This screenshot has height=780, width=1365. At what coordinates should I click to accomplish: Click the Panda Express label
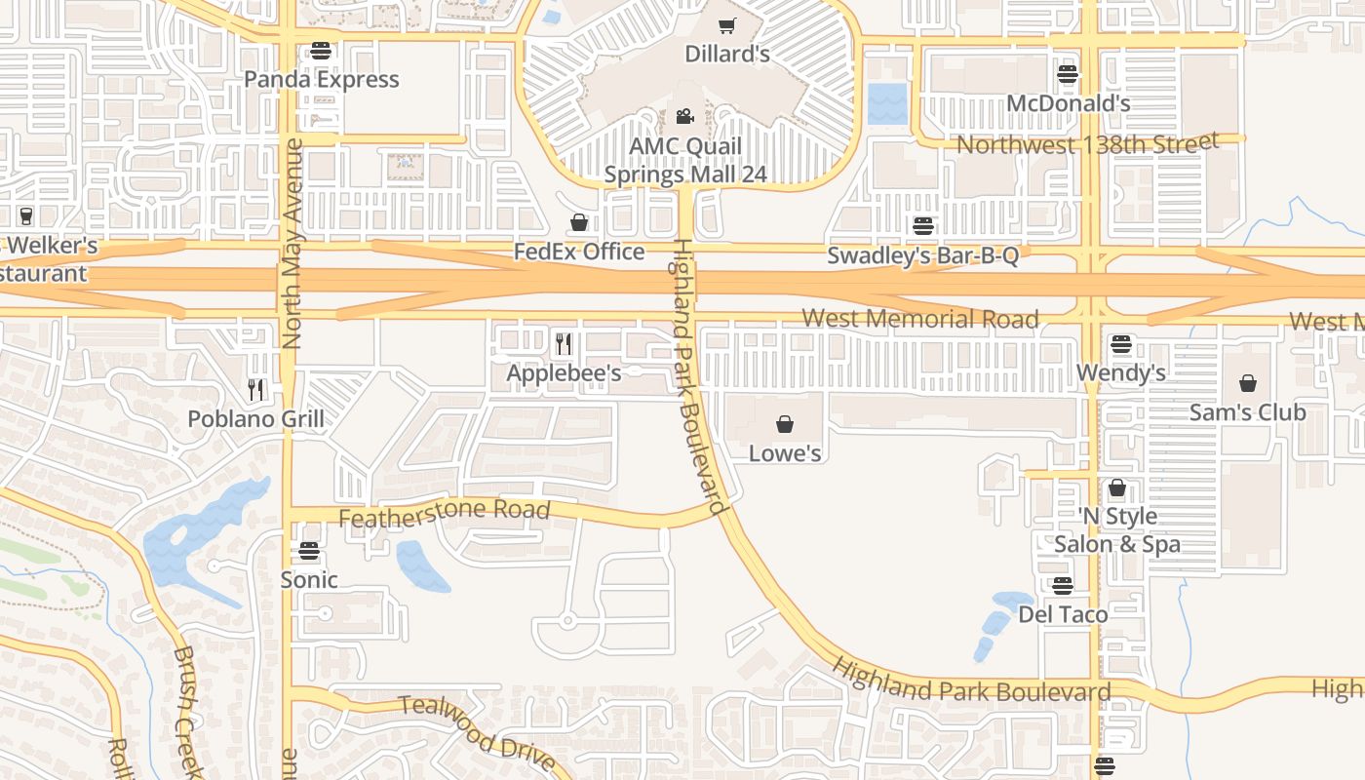[321, 79]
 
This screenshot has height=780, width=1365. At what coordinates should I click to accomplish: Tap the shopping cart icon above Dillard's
[726, 25]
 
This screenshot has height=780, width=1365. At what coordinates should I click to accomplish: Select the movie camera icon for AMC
[684, 117]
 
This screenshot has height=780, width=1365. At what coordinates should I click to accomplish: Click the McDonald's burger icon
[1068, 74]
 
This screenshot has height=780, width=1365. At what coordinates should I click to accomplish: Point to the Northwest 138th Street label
[1087, 144]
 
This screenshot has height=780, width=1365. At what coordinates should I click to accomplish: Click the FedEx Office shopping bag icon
[579, 222]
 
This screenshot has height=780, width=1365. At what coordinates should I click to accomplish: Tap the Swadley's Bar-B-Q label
[922, 255]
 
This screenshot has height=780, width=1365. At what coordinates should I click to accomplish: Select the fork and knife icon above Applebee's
[563, 343]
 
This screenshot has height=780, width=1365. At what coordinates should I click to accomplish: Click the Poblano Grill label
[255, 419]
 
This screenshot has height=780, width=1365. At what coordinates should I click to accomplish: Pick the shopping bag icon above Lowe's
[784, 424]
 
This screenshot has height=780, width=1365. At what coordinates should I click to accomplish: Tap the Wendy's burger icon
[1120, 344]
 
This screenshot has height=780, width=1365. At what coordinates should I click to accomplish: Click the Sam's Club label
[1247, 412]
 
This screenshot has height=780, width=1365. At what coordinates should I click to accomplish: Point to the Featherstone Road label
[445, 513]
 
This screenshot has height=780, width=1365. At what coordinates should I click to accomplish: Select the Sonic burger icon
[309, 551]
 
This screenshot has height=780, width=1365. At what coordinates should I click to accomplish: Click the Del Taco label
[1063, 614]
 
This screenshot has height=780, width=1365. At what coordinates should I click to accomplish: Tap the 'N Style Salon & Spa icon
[1117, 487]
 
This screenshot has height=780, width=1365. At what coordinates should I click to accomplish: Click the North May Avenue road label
[292, 244]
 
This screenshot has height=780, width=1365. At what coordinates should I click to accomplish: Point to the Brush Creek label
[188, 712]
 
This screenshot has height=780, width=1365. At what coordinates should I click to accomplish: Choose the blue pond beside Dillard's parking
[886, 104]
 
